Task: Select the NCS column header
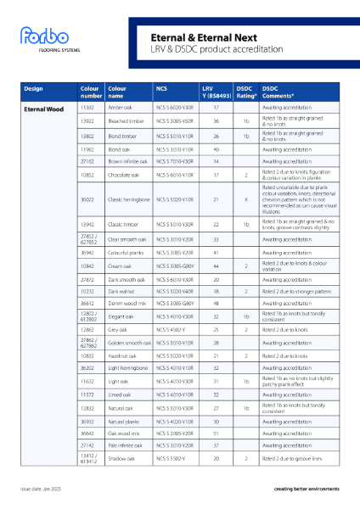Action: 161,88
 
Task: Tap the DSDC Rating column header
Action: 245,92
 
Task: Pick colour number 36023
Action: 87,199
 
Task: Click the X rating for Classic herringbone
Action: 245,199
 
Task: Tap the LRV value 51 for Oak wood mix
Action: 217,433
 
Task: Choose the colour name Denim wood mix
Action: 126,303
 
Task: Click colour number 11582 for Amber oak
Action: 87,109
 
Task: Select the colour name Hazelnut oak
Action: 123,357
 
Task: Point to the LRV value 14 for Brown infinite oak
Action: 217,160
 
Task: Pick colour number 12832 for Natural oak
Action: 87,408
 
